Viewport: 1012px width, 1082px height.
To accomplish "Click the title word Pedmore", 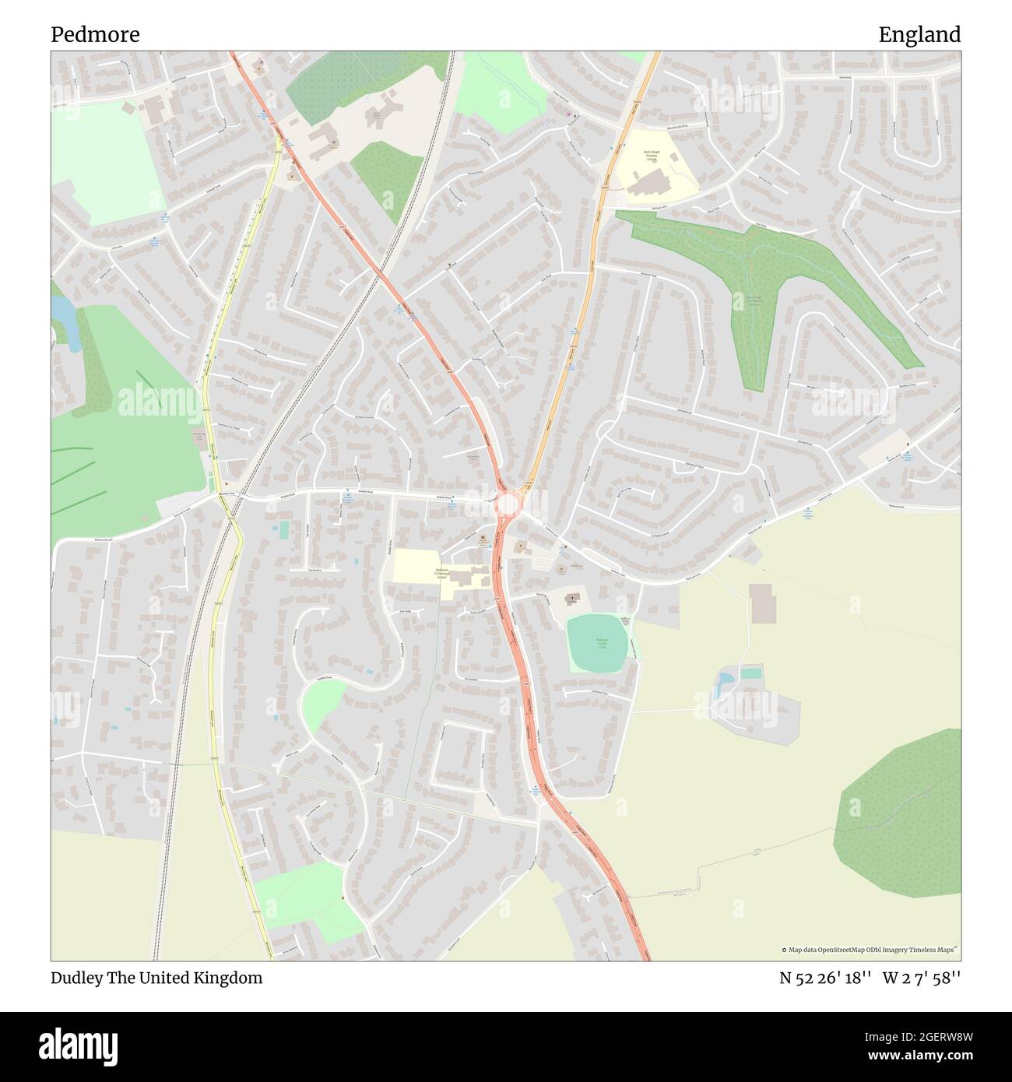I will (x=95, y=35).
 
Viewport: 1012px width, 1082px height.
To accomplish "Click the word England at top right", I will (x=919, y=35).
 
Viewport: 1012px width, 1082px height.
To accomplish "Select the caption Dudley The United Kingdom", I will (x=156, y=978).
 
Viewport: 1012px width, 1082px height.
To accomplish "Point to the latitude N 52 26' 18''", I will (x=824, y=978).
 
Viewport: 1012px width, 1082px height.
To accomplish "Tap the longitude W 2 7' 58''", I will (x=921, y=978).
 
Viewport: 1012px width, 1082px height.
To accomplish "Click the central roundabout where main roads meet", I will (x=507, y=504).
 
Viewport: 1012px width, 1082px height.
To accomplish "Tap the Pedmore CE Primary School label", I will (x=441, y=574).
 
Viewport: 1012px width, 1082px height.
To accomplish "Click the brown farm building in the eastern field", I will (x=762, y=603).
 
